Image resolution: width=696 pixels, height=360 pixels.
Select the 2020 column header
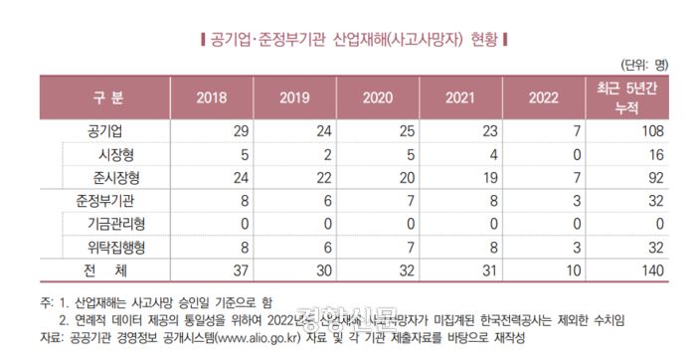coord(378,97)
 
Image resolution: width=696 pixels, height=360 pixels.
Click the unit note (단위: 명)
coord(647,64)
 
